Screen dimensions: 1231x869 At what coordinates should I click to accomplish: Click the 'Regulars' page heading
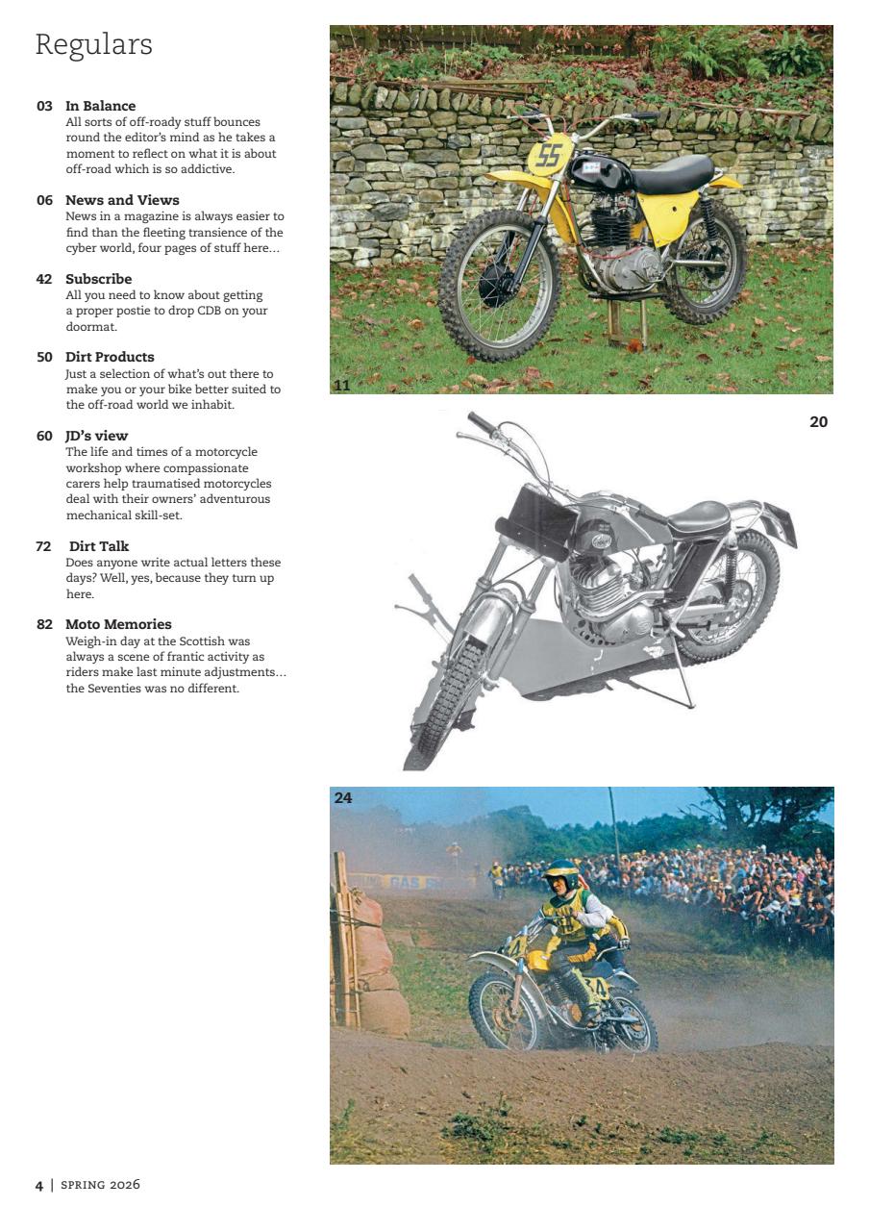93,45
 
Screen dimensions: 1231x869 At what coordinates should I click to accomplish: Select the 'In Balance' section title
100,106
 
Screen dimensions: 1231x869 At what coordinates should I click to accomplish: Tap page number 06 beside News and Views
44,200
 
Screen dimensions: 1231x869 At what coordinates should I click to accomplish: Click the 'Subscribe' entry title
98,279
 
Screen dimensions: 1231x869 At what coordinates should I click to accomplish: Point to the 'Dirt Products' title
110,357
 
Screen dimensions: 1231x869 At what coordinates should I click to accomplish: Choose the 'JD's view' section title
96,436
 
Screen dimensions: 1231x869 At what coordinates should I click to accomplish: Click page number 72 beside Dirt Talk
43,546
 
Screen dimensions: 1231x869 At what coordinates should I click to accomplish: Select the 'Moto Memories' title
118,624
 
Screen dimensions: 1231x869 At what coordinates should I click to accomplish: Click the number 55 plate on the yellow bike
549,156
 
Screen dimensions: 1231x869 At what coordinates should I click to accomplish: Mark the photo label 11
341,386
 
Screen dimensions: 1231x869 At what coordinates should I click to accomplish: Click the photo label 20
818,421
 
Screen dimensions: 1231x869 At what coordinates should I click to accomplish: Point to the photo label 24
343,797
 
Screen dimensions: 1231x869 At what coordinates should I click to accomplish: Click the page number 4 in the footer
39,1185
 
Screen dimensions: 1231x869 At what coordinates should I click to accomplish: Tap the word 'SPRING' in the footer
82,1185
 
